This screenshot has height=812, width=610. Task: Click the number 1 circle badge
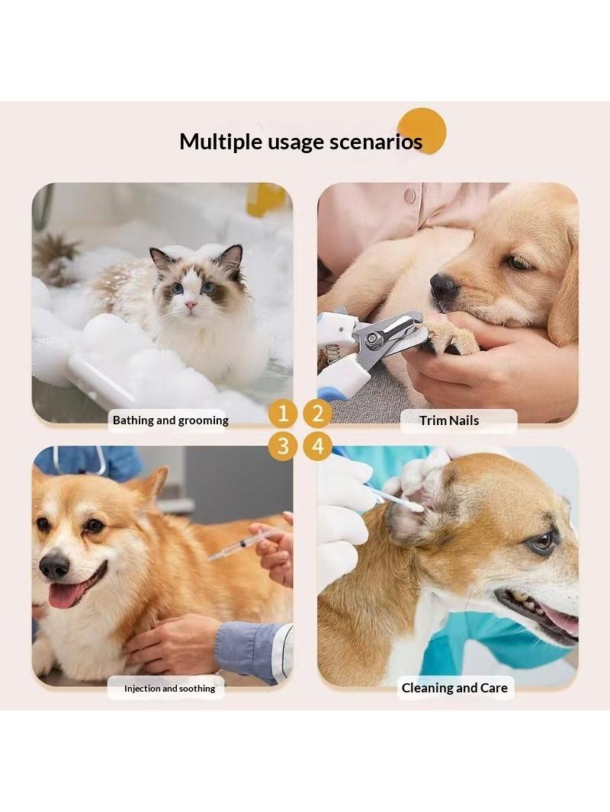point(282,414)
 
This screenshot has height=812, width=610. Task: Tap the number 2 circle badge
point(318,414)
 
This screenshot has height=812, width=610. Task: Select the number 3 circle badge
point(282,446)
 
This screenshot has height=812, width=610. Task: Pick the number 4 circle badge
point(318,446)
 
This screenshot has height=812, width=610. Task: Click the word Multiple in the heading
point(220,142)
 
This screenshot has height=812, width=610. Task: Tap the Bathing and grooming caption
point(171,420)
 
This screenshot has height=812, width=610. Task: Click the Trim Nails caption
point(449,420)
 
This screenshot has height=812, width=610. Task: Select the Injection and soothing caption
point(169,689)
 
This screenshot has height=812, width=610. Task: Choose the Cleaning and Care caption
point(454,688)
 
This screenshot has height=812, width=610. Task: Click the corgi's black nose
point(54,566)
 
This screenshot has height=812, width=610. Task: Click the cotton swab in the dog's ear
point(396,498)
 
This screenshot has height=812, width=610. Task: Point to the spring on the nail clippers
point(334,355)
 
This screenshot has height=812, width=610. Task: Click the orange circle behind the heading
point(422,130)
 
